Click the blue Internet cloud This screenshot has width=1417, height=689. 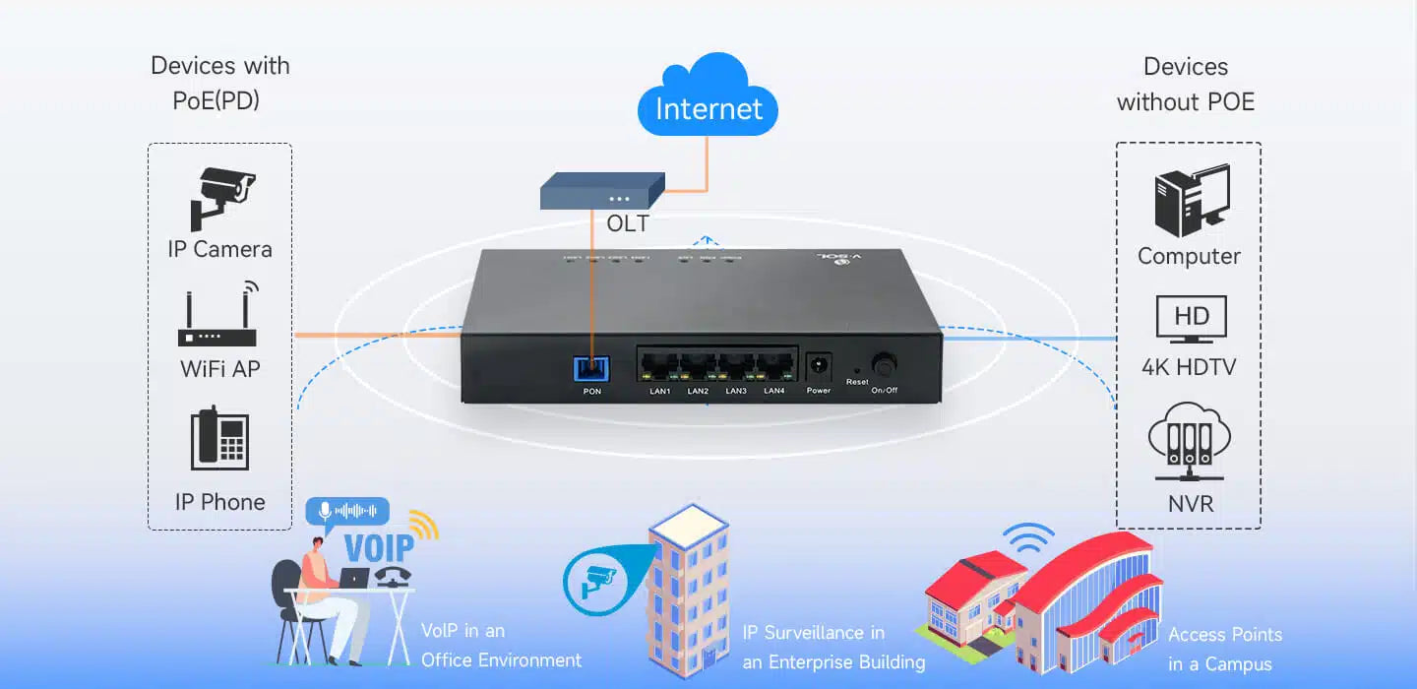click(x=708, y=101)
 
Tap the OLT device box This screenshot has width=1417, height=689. click(x=602, y=190)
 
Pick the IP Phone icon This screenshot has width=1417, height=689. click(x=219, y=440)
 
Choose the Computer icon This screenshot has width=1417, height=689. click(x=1191, y=201)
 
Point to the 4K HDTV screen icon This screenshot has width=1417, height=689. click(x=1191, y=319)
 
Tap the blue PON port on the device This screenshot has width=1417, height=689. click(x=591, y=367)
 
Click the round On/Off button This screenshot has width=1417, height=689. click(x=884, y=366)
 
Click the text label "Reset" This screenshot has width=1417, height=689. click(x=857, y=382)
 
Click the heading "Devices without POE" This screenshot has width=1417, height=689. click(x=1186, y=85)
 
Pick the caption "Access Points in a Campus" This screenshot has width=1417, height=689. click(x=1224, y=650)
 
